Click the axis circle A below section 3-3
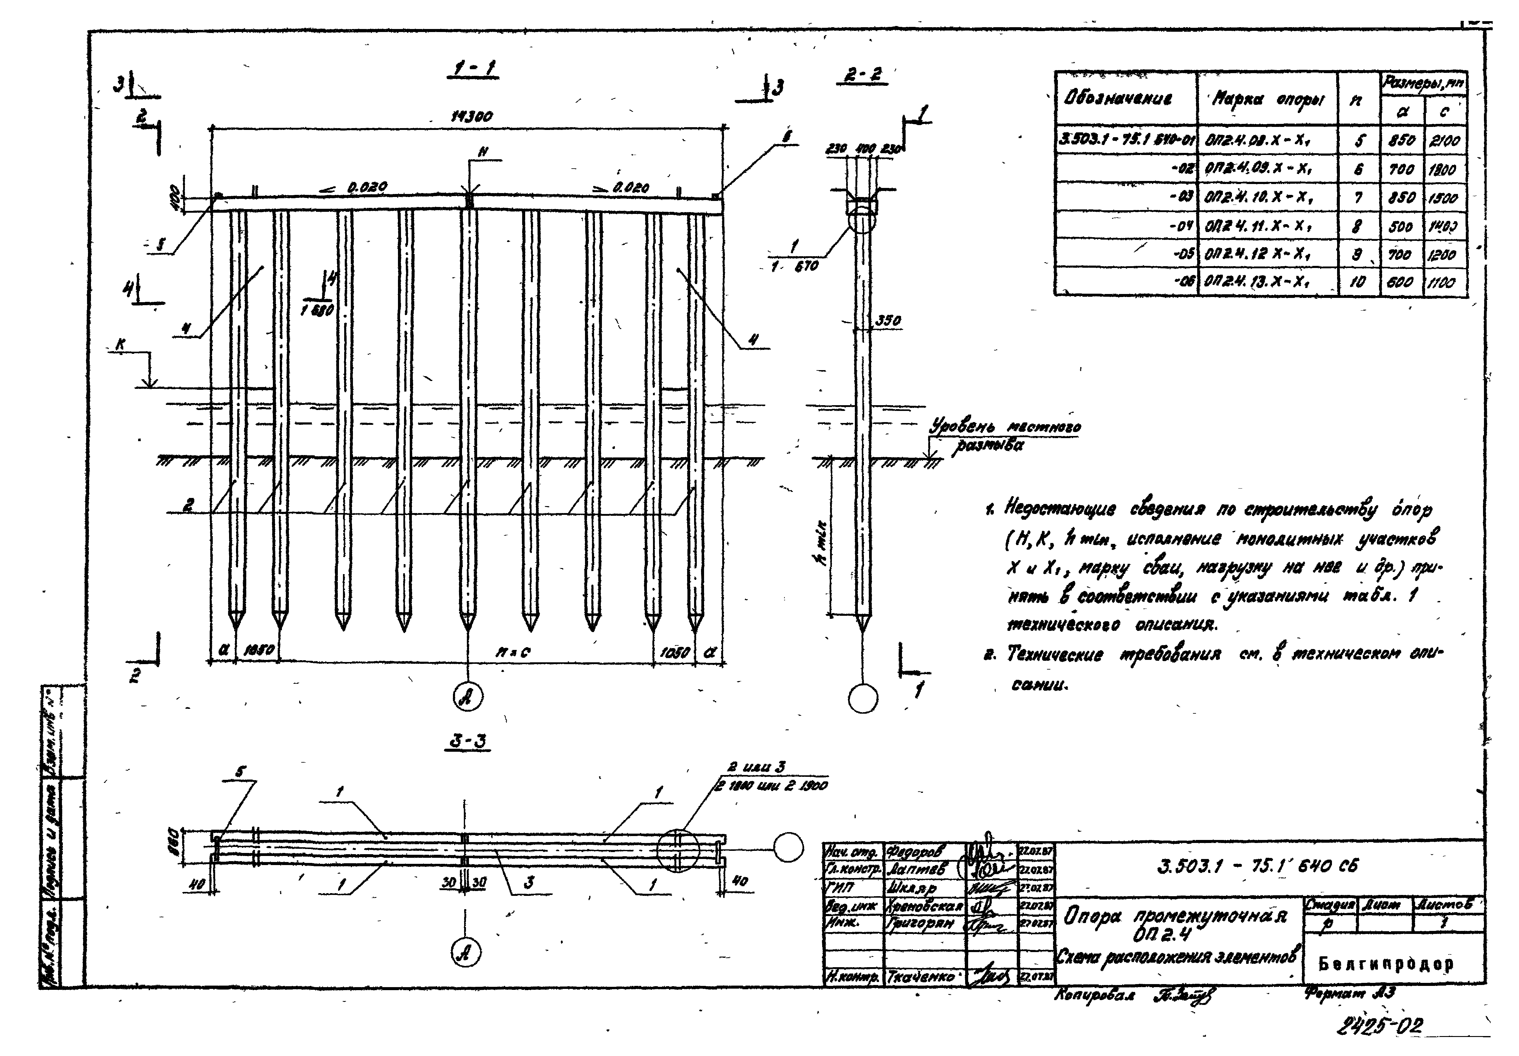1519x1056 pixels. pyautogui.click(x=466, y=954)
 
